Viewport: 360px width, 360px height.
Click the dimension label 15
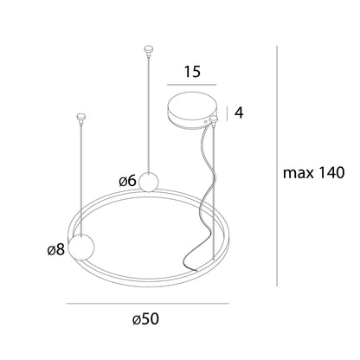point(192,71)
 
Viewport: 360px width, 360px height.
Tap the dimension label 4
point(239,112)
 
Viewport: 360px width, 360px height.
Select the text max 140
point(314,173)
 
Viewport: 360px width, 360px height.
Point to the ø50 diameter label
point(146,319)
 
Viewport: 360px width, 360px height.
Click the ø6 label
point(127,181)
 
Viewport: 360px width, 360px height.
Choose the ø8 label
point(56,249)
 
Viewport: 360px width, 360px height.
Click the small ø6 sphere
point(149,182)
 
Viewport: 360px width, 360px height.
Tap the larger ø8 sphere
point(81,247)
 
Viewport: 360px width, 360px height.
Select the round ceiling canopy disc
point(191,111)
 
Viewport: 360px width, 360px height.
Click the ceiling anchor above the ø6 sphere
point(149,50)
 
